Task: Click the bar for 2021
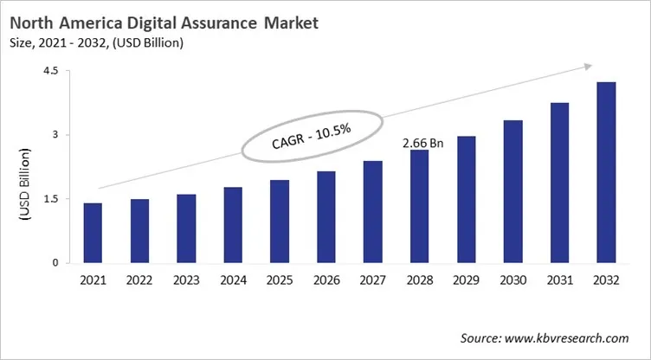[93, 233]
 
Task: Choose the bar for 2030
[512, 191]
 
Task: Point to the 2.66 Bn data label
[423, 143]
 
